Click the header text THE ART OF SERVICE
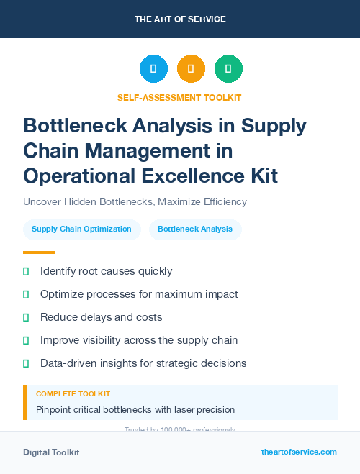coord(180,19)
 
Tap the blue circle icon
coord(153,69)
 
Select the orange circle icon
coord(191,69)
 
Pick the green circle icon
coord(228,69)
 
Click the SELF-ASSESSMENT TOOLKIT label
coord(179,97)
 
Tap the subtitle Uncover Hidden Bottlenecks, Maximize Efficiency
coord(135,201)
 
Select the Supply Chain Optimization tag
coord(81,229)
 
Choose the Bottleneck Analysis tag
coord(195,229)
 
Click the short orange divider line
coord(39,252)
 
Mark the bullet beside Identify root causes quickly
coord(27,271)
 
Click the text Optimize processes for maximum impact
coord(139,294)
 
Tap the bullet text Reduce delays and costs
coord(102,317)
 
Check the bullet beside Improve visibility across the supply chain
coord(27,340)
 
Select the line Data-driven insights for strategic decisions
coord(143,363)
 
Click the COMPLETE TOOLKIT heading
coord(73,394)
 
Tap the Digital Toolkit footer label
coord(51,452)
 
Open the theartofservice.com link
coord(299,452)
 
